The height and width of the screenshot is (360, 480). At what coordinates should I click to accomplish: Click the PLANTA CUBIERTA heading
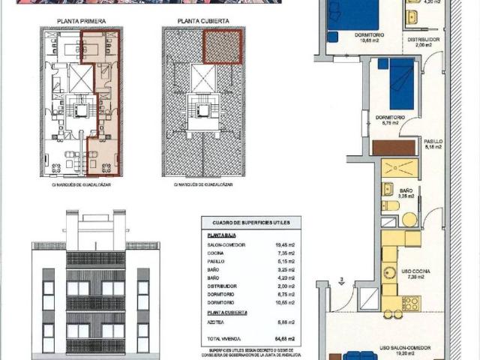(x=200, y=22)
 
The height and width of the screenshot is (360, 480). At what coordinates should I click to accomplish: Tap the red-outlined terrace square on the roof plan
(x=221, y=46)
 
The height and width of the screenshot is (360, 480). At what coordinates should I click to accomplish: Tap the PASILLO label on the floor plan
(x=433, y=141)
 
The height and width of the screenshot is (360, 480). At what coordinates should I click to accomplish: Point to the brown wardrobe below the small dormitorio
(x=394, y=147)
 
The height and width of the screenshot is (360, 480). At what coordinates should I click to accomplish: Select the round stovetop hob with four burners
(x=410, y=303)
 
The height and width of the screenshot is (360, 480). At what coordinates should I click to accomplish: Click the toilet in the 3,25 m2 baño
(x=390, y=205)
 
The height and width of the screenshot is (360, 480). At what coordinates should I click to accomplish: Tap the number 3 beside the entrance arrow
(x=341, y=282)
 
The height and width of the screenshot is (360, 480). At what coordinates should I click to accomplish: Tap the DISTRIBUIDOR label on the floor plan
(x=421, y=39)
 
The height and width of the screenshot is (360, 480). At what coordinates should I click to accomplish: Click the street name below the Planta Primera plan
(x=79, y=184)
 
